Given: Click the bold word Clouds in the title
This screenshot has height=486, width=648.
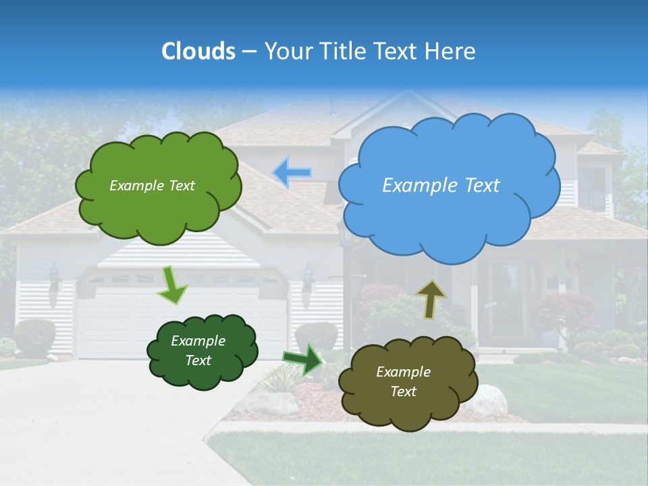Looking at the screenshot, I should click(198, 51).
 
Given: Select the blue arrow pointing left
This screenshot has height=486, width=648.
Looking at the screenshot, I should click(292, 173).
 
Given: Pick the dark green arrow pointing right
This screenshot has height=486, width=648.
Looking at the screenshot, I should click(302, 359).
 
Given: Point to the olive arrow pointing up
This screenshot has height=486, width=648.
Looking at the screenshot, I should click(431, 298).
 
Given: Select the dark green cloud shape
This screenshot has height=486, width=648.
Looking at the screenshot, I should click(202, 351).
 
